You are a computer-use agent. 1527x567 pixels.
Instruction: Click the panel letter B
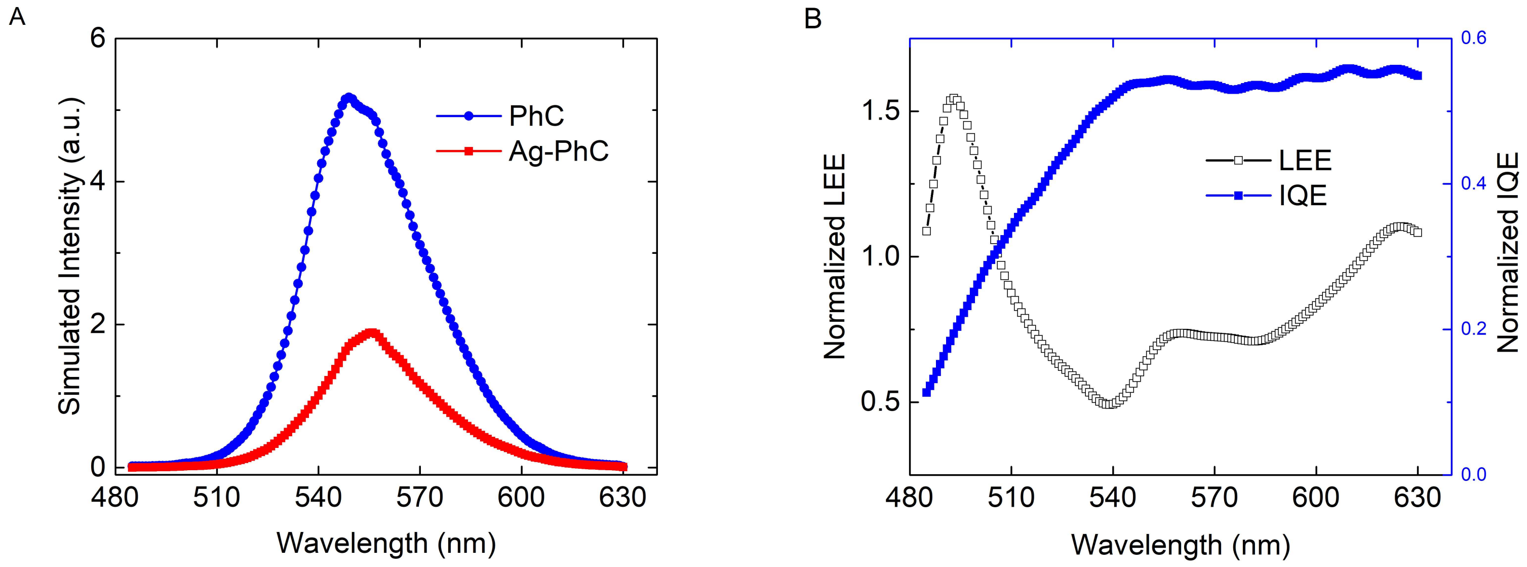[813, 18]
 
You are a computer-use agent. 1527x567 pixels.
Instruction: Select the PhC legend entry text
[536, 116]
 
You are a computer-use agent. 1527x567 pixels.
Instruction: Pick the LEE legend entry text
[1305, 161]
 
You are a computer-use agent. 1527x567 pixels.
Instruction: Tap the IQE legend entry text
[1302, 196]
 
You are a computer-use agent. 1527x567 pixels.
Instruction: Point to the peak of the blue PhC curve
[348, 97]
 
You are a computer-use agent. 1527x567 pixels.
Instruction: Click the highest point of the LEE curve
[953, 99]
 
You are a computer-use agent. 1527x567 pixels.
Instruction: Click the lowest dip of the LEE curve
[1109, 403]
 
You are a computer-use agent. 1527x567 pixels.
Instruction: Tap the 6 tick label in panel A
[98, 39]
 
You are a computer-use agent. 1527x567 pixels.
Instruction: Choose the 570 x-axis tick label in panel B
[1215, 497]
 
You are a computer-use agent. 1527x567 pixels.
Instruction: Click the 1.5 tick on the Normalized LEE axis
[879, 111]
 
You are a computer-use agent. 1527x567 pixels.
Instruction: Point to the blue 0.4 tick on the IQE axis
[1473, 183]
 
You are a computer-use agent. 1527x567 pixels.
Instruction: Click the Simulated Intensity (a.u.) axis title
[69, 255]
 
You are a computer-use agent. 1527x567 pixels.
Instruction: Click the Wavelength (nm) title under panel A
[386, 543]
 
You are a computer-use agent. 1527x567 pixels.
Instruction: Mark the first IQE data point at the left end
[926, 392]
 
